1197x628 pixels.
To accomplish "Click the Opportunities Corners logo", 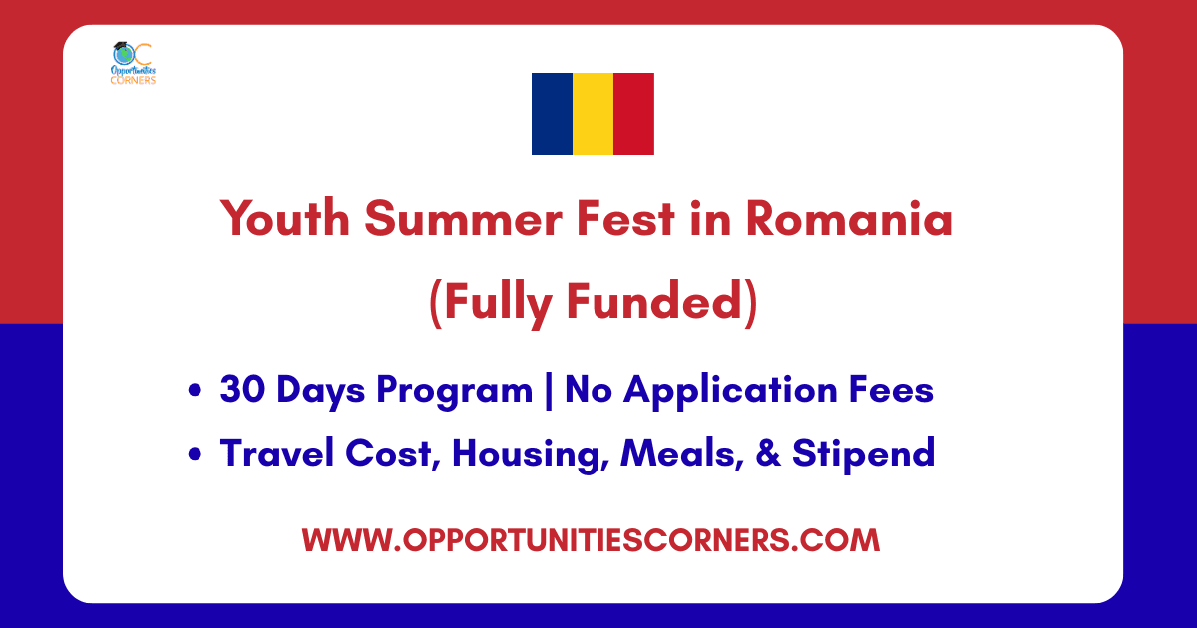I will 133,63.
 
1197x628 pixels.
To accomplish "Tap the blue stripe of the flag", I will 552,114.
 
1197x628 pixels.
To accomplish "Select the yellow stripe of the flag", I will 593,114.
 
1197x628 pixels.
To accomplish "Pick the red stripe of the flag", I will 634,114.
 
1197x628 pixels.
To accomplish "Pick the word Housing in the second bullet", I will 531,455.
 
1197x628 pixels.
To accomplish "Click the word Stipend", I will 864,455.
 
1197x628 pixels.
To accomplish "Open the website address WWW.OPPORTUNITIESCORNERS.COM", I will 591,540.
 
